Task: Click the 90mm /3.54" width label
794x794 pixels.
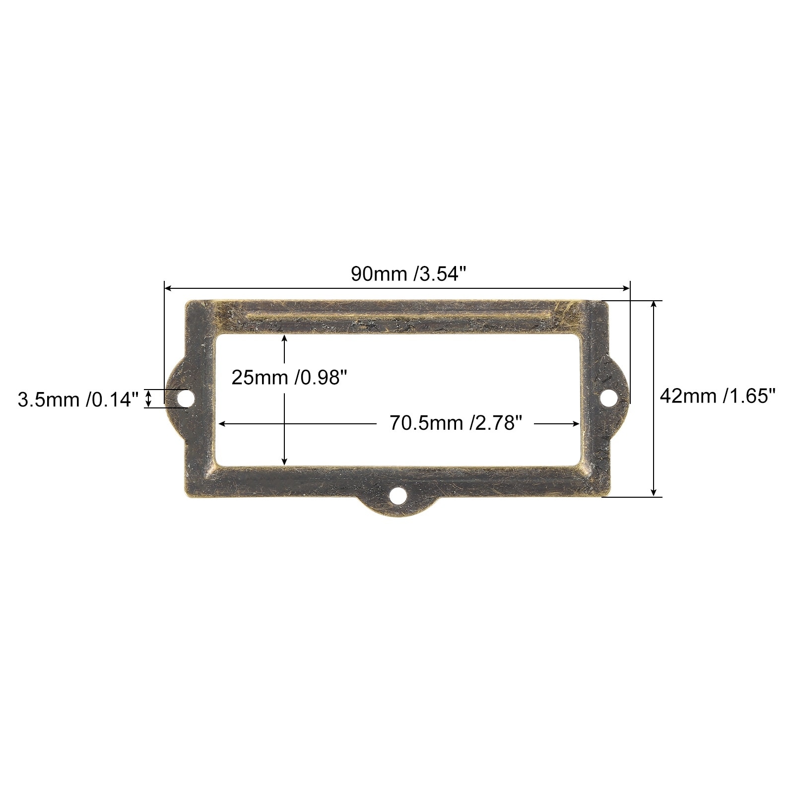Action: point(408,274)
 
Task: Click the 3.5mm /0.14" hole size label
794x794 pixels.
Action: point(77,399)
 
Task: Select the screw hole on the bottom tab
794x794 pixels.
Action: point(397,495)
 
